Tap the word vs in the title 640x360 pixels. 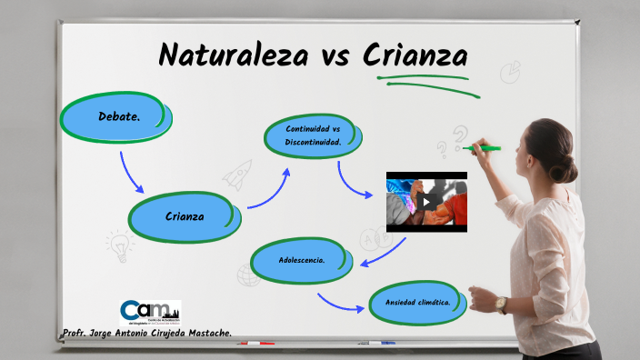coord(335,56)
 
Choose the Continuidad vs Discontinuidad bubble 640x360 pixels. coord(313,136)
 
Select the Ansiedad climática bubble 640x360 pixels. coord(418,303)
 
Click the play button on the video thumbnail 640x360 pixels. coord(426,202)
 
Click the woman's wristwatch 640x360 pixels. coord(501,304)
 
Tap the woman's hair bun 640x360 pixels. coord(566,168)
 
